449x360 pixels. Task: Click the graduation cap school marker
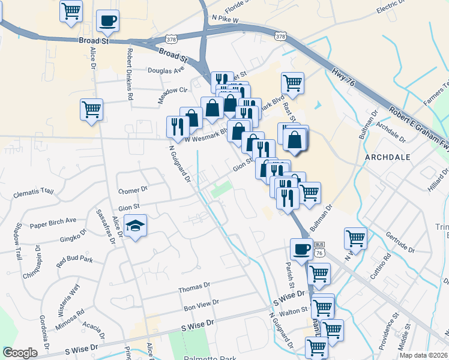click(136, 227)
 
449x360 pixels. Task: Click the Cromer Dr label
click(133, 190)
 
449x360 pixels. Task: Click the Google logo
click(20, 353)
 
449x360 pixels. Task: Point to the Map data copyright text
click(424, 353)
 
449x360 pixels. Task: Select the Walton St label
click(294, 310)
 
